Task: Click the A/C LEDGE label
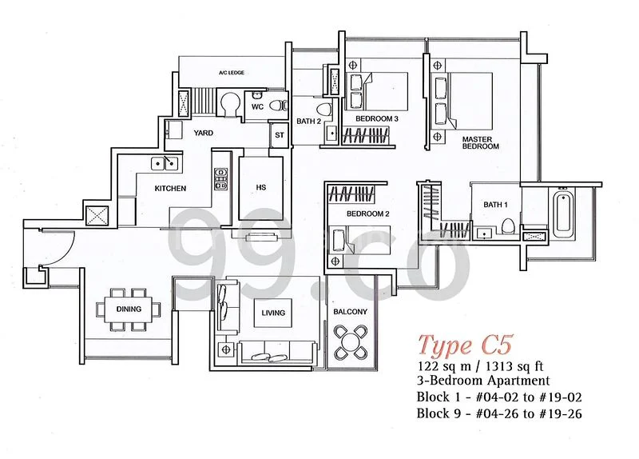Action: pos(231,73)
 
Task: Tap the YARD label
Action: pos(204,134)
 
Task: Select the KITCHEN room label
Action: pos(170,189)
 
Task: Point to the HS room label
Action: pos(260,188)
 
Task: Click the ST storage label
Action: pos(279,136)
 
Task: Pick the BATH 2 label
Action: pos(308,122)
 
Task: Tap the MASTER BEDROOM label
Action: pos(480,143)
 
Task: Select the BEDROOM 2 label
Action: pos(367,214)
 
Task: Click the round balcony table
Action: pos(350,342)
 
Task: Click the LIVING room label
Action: pos(272,312)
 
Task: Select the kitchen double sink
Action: pos(166,164)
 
